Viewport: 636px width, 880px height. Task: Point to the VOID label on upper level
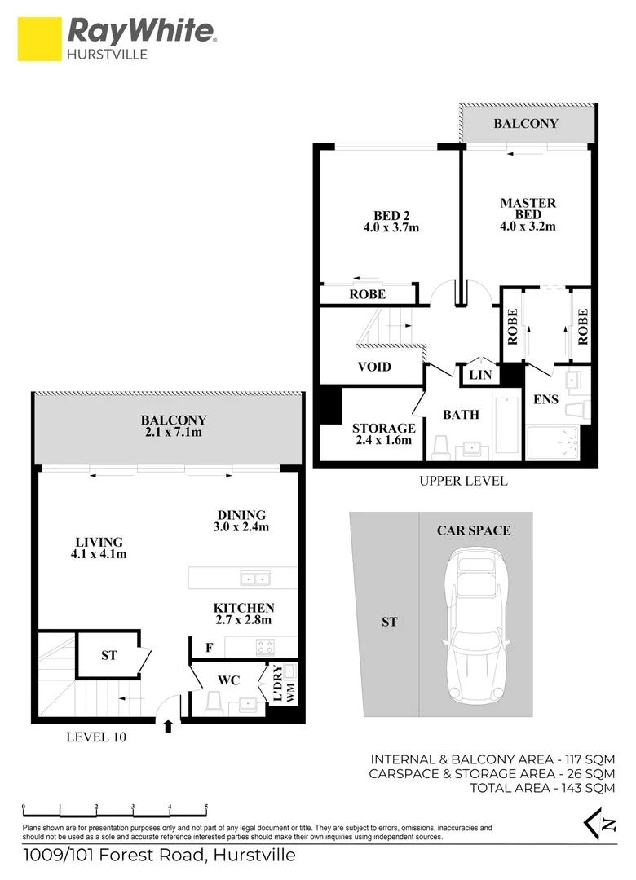[374, 367]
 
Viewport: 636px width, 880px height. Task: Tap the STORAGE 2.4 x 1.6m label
[383, 433]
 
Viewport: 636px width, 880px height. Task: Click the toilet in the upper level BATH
[442, 447]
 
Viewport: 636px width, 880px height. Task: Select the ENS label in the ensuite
[545, 400]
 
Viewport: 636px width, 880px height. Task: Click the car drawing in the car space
[475, 623]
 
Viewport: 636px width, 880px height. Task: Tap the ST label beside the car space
[389, 622]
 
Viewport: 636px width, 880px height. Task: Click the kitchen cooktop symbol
[266, 647]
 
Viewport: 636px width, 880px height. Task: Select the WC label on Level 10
[228, 680]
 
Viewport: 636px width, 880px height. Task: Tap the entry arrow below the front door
[169, 725]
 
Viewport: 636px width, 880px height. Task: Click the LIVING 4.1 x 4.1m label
[99, 548]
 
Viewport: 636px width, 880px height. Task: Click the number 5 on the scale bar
[206, 807]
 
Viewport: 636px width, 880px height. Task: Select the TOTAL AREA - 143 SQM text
[541, 788]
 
